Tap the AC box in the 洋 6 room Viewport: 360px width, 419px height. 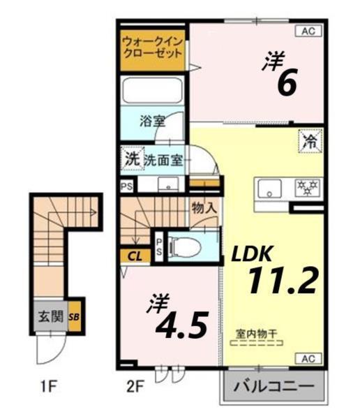pos(308,31)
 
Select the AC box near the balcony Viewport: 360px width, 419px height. pos(308,359)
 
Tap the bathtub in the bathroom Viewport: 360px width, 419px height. pos(152,90)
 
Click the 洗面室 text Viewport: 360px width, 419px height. pos(164,160)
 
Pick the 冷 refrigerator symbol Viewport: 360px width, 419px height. pos(309,140)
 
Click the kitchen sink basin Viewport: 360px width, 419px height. pos(269,189)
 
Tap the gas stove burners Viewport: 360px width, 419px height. pos(308,187)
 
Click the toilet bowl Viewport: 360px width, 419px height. pos(188,246)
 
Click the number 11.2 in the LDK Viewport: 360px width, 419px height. pos(282,280)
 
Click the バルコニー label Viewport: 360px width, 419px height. pos(273,385)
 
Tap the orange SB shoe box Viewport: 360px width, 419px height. pos(74,318)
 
